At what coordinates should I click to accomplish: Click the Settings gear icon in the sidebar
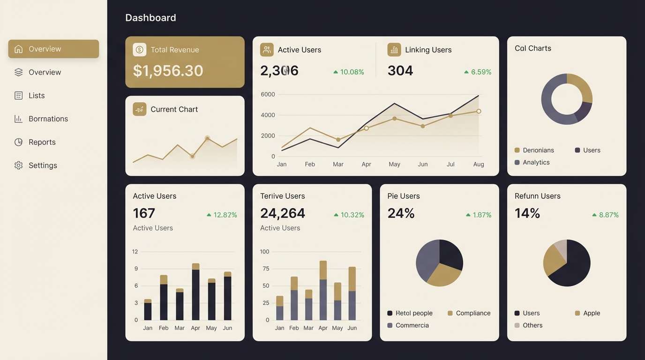click(x=18, y=165)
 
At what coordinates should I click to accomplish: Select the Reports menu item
click(x=42, y=142)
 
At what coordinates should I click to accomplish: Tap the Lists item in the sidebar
click(x=37, y=96)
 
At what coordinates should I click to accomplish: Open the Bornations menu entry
click(x=48, y=119)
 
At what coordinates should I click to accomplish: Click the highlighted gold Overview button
click(x=53, y=49)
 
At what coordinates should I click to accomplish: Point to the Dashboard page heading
click(x=150, y=18)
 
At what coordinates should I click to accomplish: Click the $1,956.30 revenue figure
click(x=168, y=71)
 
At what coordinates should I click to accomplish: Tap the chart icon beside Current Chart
click(x=140, y=109)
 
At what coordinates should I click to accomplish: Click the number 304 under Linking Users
click(x=400, y=71)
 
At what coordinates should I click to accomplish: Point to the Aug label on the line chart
click(x=479, y=165)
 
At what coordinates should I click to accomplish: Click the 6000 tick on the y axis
click(x=268, y=94)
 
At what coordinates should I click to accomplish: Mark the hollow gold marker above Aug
click(x=479, y=112)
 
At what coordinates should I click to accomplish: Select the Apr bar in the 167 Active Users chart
click(x=195, y=292)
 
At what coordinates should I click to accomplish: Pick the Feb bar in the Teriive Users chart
click(x=294, y=299)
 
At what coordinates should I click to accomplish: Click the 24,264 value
click(x=283, y=213)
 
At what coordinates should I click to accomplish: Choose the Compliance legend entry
click(x=472, y=313)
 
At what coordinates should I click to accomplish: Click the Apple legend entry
click(x=591, y=313)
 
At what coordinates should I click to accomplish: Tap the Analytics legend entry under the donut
click(x=536, y=163)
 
